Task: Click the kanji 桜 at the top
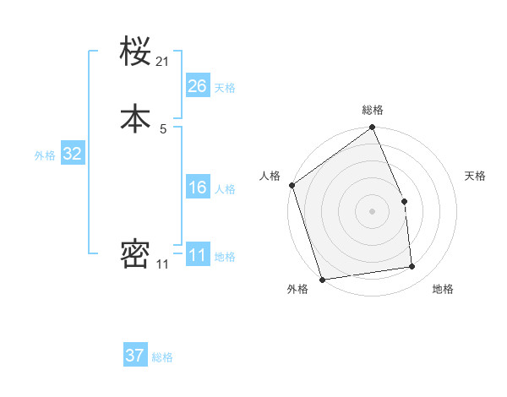pyautogui.click(x=135, y=52)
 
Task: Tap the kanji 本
pyautogui.click(x=135, y=118)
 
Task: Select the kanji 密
pyautogui.click(x=135, y=254)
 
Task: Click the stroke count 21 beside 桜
pyautogui.click(x=163, y=62)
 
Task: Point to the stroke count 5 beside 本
pyautogui.click(x=163, y=128)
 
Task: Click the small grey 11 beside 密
pyautogui.click(x=162, y=264)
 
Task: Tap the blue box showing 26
pyautogui.click(x=198, y=85)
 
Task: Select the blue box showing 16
pyautogui.click(x=198, y=188)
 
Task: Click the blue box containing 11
pyautogui.click(x=198, y=255)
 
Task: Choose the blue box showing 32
pyautogui.click(x=72, y=154)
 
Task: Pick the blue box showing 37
pyautogui.click(x=135, y=356)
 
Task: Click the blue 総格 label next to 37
pyautogui.click(x=162, y=357)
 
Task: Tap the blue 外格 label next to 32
pyautogui.click(x=45, y=155)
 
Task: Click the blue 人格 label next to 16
pyautogui.click(x=225, y=189)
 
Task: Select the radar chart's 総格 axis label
pyautogui.click(x=373, y=110)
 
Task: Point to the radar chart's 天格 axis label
pyautogui.click(x=475, y=176)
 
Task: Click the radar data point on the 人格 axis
pyautogui.click(x=292, y=185)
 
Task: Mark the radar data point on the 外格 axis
pyautogui.click(x=322, y=279)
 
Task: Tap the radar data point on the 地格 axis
pyautogui.click(x=412, y=267)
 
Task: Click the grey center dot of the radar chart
pyautogui.click(x=372, y=211)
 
